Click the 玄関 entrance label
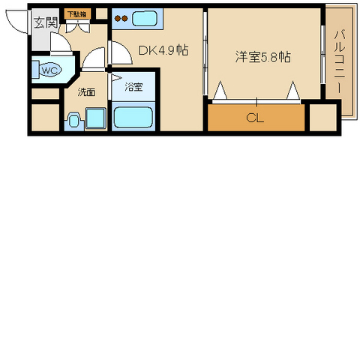45,22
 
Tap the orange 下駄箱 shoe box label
76,14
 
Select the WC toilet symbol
49,70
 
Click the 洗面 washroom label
86,93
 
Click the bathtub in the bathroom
133,117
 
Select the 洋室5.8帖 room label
264,57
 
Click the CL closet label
255,118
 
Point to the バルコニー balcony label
338,61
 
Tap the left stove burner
117,19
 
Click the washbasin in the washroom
73,120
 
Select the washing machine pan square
95,119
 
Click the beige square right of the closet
323,118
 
